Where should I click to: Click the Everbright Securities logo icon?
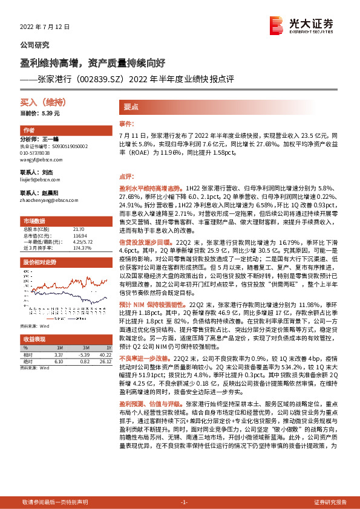(278, 25)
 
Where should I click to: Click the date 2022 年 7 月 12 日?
(45, 27)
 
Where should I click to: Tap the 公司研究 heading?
(35, 45)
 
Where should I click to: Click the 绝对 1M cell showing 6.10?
(58, 361)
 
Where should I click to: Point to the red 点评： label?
(125, 177)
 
